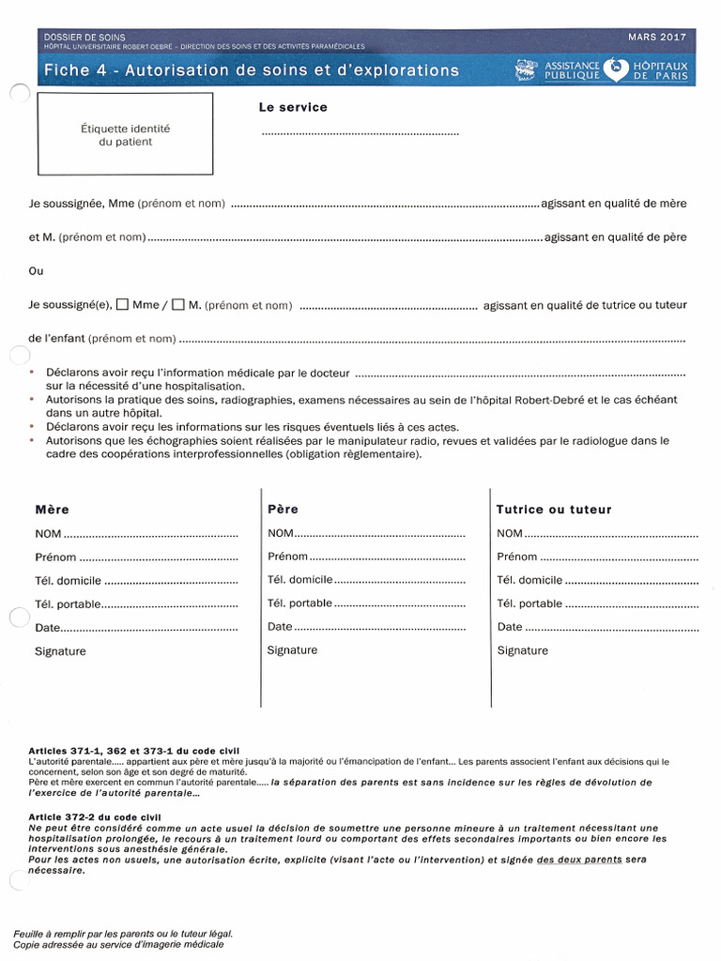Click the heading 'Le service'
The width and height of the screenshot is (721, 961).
tap(293, 108)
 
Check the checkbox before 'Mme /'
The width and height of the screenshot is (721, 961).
tap(121, 305)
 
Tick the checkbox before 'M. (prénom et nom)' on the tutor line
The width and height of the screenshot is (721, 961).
tap(177, 305)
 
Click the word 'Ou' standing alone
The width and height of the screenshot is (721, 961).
tap(37, 271)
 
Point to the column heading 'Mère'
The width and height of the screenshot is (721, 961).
tap(52, 510)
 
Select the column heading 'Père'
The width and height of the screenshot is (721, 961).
tap(283, 510)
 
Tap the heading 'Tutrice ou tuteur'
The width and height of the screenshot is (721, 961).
tap(554, 510)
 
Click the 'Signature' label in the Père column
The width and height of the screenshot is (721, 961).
tap(292, 650)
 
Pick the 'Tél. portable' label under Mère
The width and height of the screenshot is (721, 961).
tap(67, 604)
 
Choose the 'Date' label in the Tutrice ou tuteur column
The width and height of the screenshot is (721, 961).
tap(510, 627)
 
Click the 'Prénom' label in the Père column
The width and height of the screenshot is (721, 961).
tap(287, 557)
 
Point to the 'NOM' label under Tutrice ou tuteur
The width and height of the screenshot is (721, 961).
tap(511, 534)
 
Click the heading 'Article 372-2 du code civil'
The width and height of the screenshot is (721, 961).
tap(95, 817)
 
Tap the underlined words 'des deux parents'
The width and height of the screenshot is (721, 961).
tap(578, 860)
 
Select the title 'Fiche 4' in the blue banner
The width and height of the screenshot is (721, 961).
tap(76, 70)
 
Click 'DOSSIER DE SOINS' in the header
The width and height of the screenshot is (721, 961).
tap(84, 37)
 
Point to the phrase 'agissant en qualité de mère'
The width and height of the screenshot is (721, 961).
tap(614, 204)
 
